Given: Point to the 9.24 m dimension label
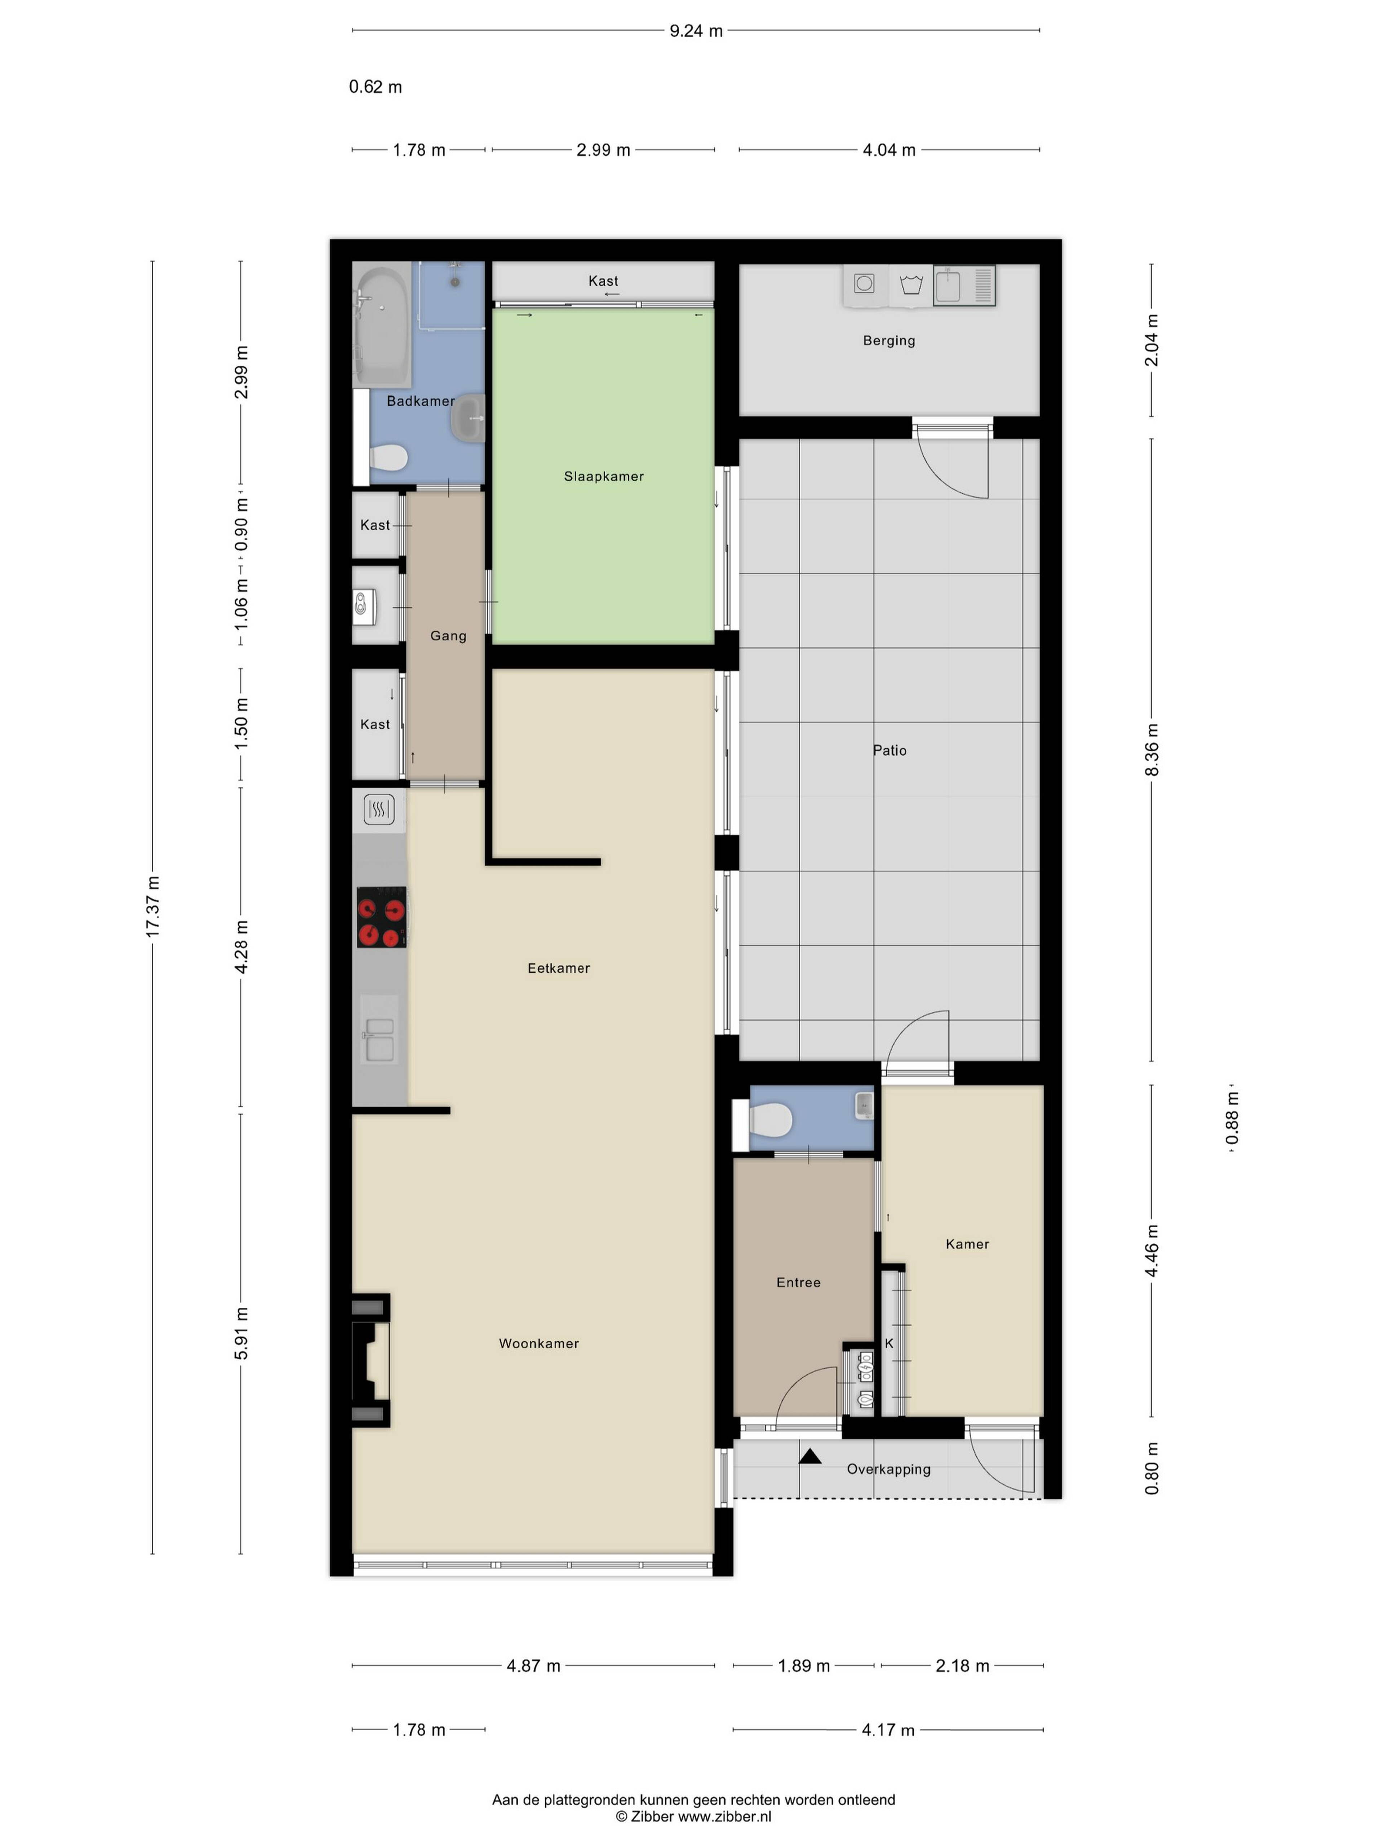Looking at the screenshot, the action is [x=696, y=31].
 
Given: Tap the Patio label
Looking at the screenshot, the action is [x=889, y=750].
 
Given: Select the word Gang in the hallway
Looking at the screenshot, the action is [x=448, y=636].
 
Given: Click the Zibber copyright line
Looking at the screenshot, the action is [x=693, y=1816].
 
